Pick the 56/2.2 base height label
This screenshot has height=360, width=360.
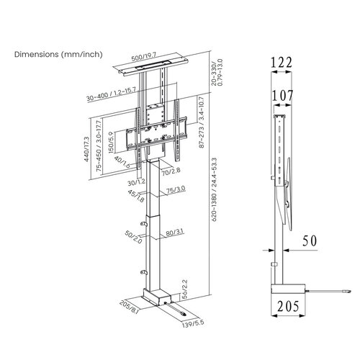tap(184, 288)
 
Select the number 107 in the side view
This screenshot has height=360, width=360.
tap(282, 94)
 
